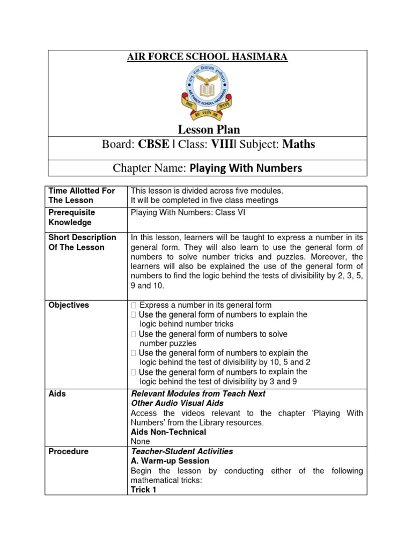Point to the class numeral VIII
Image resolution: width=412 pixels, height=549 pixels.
pyautogui.click(x=220, y=144)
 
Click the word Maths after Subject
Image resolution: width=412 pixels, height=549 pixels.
pyautogui.click(x=299, y=144)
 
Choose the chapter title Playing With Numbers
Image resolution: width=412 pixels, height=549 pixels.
pyautogui.click(x=245, y=168)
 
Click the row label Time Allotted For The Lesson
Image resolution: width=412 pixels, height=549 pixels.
pyautogui.click(x=82, y=196)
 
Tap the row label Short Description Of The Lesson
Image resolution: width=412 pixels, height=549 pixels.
pyautogui.click(x=82, y=242)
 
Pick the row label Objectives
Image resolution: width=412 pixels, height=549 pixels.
pyautogui.click(x=69, y=305)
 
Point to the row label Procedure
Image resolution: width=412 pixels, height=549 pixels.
pyautogui.click(x=68, y=451)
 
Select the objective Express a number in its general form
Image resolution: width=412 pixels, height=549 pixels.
pyautogui.click(x=205, y=305)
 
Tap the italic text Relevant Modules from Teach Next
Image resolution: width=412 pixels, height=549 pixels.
pyautogui.click(x=198, y=394)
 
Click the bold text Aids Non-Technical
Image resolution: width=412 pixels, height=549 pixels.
pyautogui.click(x=168, y=432)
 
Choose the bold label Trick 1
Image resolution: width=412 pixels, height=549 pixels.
pyautogui.click(x=143, y=489)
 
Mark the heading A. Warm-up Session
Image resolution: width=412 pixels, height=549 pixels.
pyautogui.click(x=170, y=461)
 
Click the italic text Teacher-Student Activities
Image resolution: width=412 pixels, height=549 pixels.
pyautogui.click(x=182, y=451)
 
